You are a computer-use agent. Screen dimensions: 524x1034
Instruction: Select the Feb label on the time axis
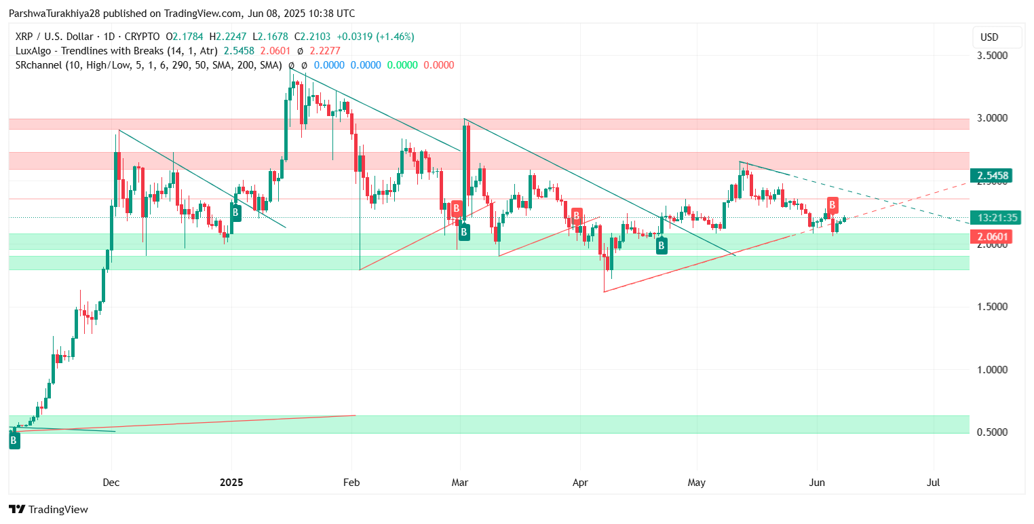[351, 483]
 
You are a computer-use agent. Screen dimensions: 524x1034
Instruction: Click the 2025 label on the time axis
[231, 483]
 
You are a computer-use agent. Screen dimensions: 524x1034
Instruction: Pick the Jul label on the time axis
[934, 483]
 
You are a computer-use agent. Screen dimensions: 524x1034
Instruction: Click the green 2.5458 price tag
[993, 176]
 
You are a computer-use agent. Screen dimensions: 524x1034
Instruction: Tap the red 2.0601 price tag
[993, 237]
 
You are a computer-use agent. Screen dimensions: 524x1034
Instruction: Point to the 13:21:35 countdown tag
[993, 218]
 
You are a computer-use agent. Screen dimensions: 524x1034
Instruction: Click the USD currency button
[996, 37]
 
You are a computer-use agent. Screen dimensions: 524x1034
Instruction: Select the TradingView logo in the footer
[48, 509]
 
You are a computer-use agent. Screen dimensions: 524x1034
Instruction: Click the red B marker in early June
[832, 204]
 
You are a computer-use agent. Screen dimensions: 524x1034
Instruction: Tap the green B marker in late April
[662, 246]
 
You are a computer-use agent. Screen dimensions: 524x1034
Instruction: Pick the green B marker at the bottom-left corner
[14, 441]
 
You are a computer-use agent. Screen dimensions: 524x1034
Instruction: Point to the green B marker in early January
[235, 212]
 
